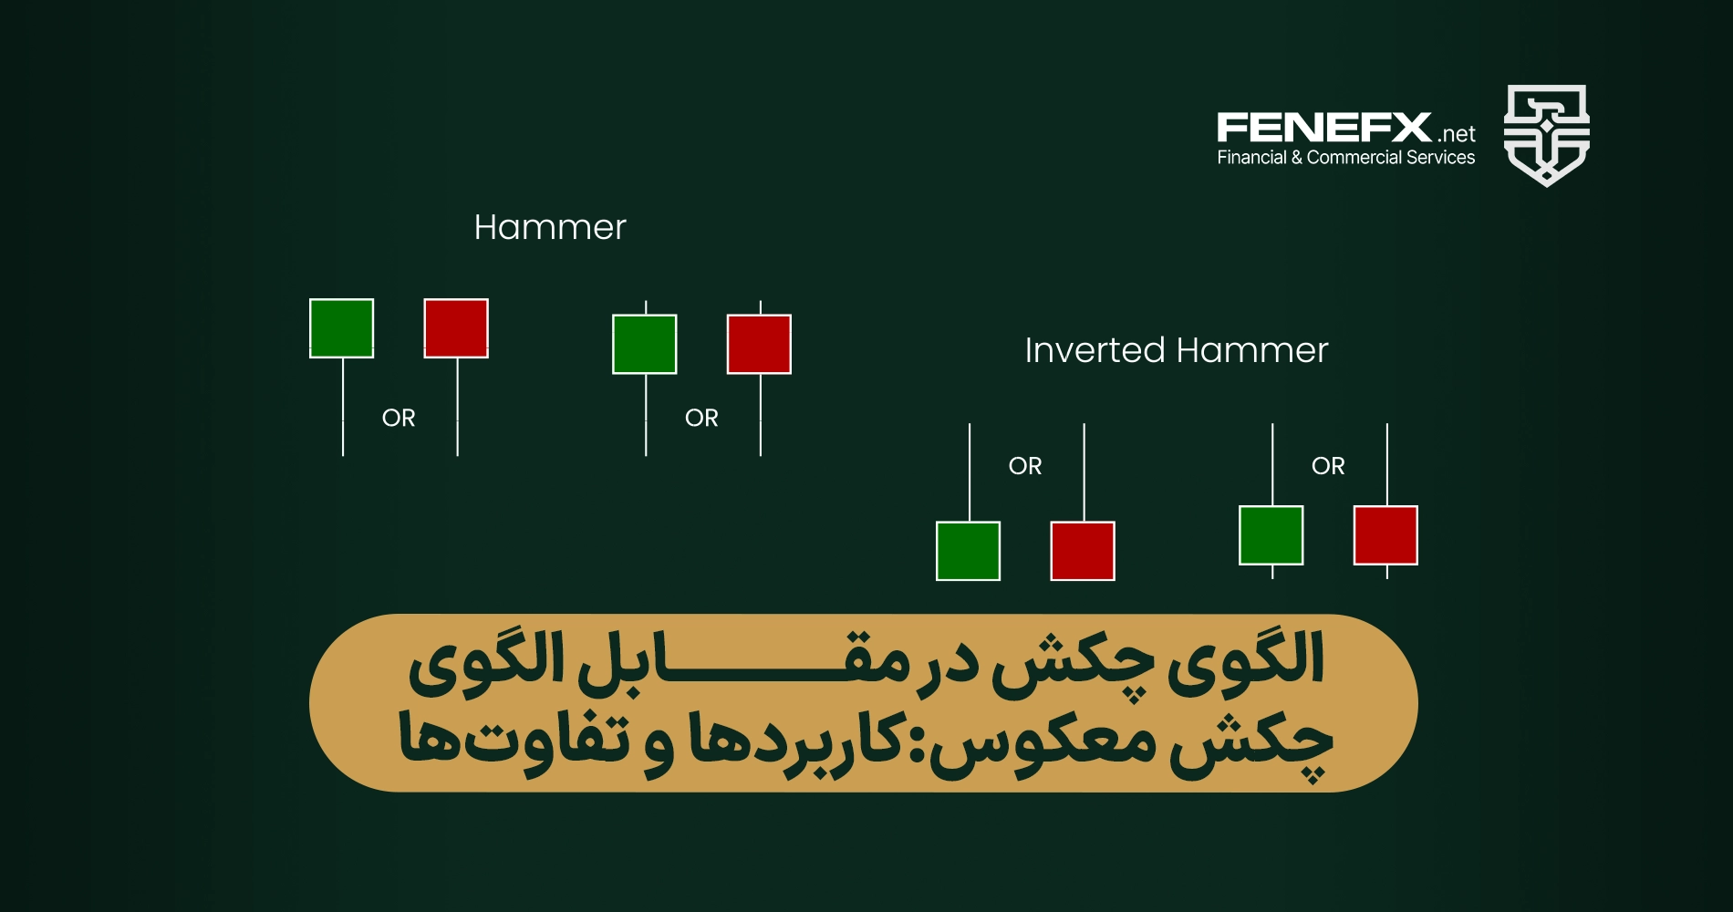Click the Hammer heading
tap(550, 227)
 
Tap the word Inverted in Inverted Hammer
tap(1095, 350)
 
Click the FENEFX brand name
tap(1324, 128)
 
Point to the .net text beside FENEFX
tap(1457, 134)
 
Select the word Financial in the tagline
tap(1251, 158)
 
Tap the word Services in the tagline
tap(1441, 158)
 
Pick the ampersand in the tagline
tap(1296, 158)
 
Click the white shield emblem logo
tap(1546, 135)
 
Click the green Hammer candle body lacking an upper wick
tap(342, 328)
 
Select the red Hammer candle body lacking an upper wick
tap(456, 328)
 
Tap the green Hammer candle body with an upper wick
tap(645, 344)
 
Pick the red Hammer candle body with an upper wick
tap(759, 344)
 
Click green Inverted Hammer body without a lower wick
tap(969, 551)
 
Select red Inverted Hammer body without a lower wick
tap(1083, 551)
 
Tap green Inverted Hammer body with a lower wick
tap(1271, 535)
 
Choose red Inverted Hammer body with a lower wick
tap(1385, 535)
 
